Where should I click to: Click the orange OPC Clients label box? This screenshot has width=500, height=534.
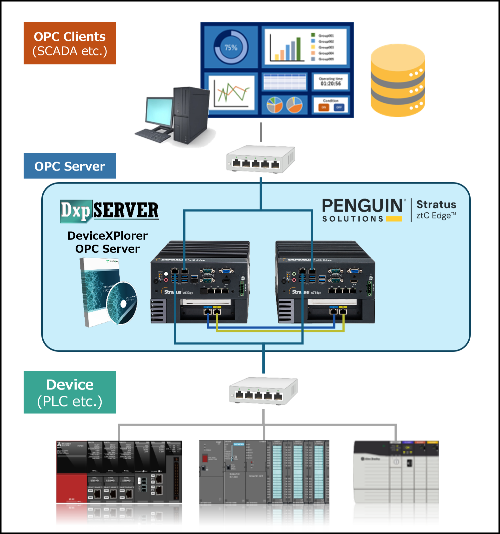pyautogui.click(x=70, y=43)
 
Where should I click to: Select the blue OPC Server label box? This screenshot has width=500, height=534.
pyautogui.click(x=70, y=166)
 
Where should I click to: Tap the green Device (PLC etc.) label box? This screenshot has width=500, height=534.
pyautogui.click(x=70, y=392)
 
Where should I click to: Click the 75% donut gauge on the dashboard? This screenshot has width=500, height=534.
pyautogui.click(x=231, y=47)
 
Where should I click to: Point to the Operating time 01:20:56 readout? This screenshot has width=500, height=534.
pyautogui.click(x=331, y=82)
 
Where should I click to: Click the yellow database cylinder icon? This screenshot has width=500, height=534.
pyautogui.click(x=398, y=80)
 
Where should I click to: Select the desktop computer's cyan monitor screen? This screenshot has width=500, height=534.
pyautogui.click(x=159, y=110)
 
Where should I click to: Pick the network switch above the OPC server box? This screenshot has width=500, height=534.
pyautogui.click(x=260, y=159)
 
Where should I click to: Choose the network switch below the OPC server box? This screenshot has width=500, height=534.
pyautogui.click(x=263, y=391)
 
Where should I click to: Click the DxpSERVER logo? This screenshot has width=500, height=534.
pyautogui.click(x=109, y=211)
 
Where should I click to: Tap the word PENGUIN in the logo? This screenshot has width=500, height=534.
pyautogui.click(x=362, y=206)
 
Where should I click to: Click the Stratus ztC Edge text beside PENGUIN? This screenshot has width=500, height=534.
pyautogui.click(x=436, y=210)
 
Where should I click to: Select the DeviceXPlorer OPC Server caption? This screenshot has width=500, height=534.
pyautogui.click(x=107, y=242)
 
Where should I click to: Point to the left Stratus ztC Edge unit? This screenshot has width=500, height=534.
pyautogui.click(x=200, y=282)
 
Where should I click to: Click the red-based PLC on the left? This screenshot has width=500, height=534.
pyautogui.click(x=119, y=486)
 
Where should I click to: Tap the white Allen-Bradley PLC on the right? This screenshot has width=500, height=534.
pyautogui.click(x=396, y=486)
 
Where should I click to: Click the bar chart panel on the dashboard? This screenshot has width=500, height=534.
pyautogui.click(x=305, y=47)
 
